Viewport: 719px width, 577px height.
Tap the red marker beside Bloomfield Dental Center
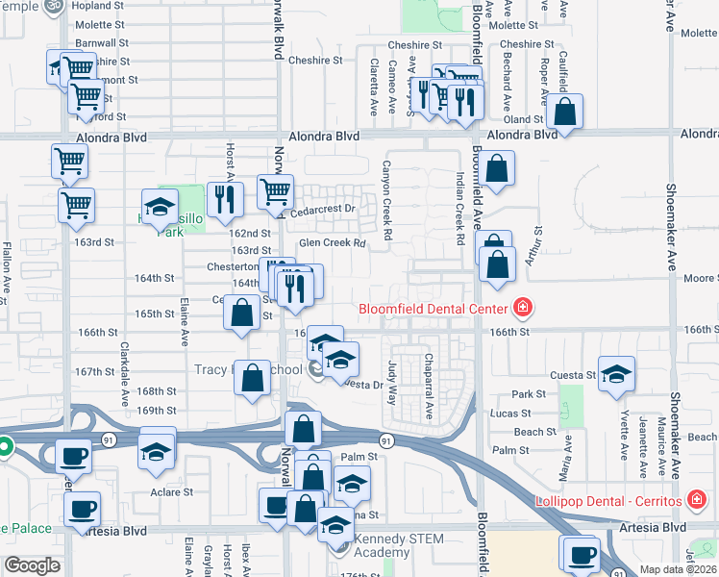pos(523,309)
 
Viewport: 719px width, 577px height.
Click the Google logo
pos(32,565)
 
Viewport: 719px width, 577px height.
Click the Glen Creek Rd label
pos(333,243)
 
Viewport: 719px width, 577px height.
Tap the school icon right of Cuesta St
pos(616,374)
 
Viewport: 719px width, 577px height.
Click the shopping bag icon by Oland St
pos(566,112)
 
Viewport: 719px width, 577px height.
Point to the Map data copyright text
pos(677,569)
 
